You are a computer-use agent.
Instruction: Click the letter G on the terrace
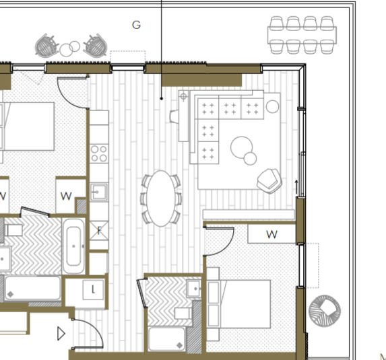pos(136,25)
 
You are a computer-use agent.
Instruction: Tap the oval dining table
pos(161,199)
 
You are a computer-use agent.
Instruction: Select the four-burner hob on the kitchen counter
pos(99,153)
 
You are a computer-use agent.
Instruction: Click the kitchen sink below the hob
pos(99,192)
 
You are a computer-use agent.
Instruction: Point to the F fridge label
pos(99,231)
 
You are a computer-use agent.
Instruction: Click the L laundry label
pos(93,289)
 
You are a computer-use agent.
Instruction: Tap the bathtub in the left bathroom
pos(73,246)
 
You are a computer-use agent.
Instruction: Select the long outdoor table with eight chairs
pos(302,35)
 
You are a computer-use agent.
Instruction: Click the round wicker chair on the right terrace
pos(325,311)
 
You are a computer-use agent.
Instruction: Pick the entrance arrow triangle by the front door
pos(61,334)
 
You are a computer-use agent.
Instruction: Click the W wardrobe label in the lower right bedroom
pos(271,235)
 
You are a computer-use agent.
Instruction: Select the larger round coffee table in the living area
pos(241,147)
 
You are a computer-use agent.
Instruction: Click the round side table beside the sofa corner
pos(273,106)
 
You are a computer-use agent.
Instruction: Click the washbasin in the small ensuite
pos(194,289)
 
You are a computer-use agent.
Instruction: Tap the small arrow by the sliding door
pos(296,187)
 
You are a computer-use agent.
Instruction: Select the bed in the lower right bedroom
pos(238,304)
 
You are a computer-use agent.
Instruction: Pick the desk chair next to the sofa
pos(174,116)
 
